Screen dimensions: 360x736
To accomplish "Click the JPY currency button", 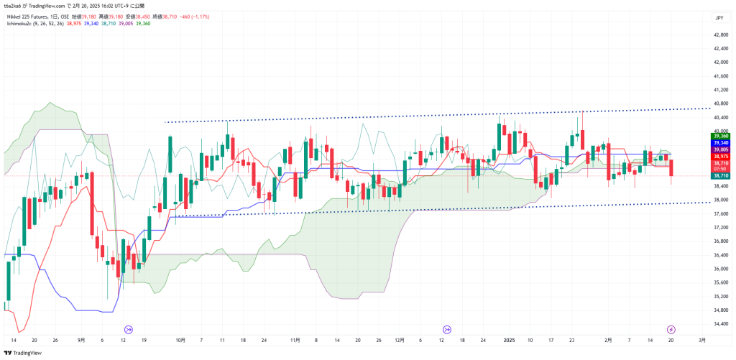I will click(x=718, y=18).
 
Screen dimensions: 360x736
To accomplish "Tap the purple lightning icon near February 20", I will click(x=671, y=328).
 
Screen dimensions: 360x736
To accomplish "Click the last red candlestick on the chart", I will click(x=671, y=168).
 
